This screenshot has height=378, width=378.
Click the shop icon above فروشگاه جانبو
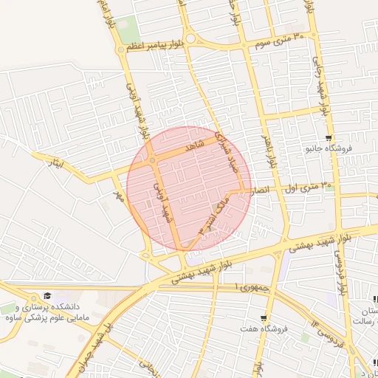coord(329,138)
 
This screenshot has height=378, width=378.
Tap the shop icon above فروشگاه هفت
coord(264,318)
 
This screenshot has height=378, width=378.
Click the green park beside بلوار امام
coord(128,30)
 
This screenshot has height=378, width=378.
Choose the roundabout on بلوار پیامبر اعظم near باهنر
coord(190,38)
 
